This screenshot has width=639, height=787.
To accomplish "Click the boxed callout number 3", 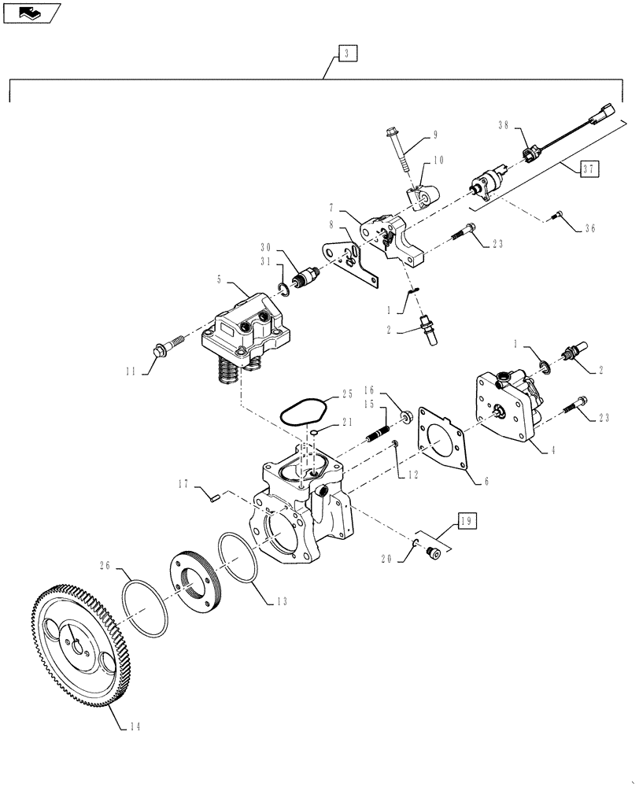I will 348,54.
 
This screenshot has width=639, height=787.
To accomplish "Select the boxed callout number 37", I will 589,168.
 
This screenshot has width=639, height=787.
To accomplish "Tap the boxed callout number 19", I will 466,520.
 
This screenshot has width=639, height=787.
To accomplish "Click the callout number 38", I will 504,125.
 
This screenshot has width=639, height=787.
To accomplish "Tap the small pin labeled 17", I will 213,495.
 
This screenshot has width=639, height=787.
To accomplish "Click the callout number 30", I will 266,246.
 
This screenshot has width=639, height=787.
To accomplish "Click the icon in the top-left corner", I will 31,12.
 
